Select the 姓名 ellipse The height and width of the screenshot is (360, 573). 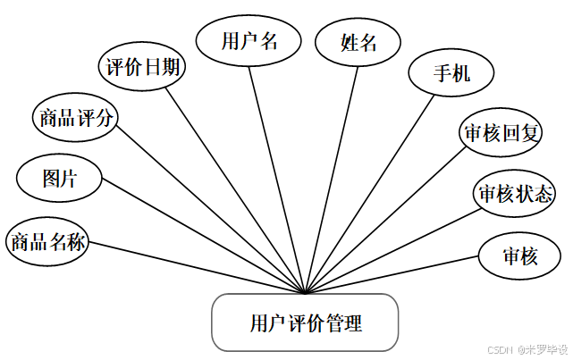[358, 42]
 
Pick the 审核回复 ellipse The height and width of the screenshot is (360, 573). [501, 134]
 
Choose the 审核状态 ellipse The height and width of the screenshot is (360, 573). [514, 193]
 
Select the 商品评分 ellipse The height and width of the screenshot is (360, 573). [75, 117]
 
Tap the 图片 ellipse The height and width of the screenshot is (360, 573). [59, 178]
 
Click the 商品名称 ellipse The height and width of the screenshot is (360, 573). [48, 241]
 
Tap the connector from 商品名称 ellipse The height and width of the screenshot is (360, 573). [197, 267]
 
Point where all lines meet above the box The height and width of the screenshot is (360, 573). [306, 292]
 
